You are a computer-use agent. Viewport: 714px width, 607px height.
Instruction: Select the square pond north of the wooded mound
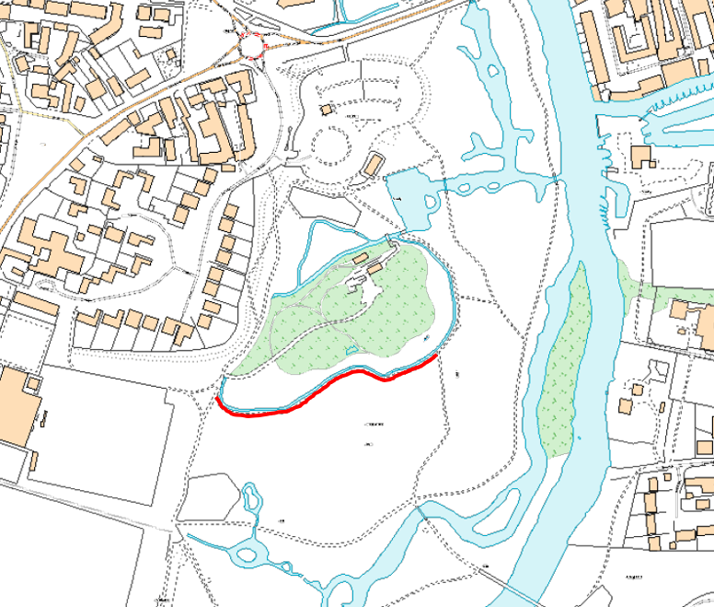coord(409,198)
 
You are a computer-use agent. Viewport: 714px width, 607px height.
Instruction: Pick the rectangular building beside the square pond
coord(373,164)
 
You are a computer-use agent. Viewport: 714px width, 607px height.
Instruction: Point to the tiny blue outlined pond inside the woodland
coord(425,342)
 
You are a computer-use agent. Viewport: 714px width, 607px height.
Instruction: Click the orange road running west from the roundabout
coord(138,101)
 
